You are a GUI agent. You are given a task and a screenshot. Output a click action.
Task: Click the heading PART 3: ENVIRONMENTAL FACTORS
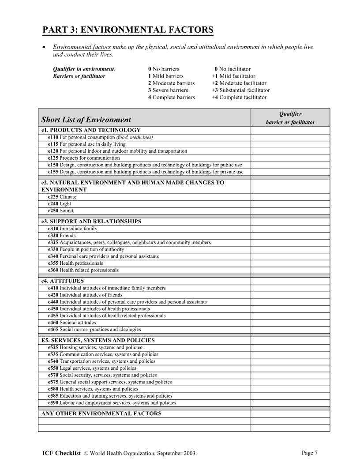coord(127,30)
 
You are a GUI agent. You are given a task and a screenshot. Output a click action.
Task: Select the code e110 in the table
coord(53,137)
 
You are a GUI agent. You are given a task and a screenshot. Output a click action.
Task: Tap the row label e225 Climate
coord(62,197)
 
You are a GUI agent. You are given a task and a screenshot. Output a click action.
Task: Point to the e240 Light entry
coord(60,204)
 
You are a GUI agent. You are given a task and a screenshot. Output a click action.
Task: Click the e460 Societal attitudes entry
coord(71,323)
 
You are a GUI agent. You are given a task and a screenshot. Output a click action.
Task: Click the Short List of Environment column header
coord(86,120)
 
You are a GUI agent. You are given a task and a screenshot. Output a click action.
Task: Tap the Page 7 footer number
coord(309,453)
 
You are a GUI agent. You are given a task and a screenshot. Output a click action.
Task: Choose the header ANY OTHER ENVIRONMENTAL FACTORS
coord(101,413)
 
